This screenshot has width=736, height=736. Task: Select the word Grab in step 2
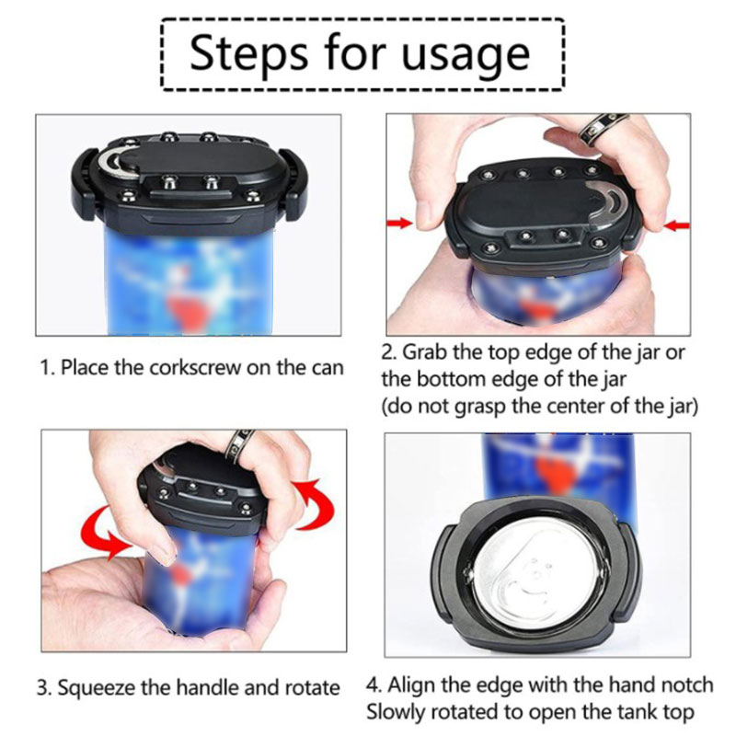[422, 352]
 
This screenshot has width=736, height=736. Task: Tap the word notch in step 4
[687, 685]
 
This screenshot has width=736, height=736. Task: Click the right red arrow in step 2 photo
[677, 225]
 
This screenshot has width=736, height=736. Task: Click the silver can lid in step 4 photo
[538, 574]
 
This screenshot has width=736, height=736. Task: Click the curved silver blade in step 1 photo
[110, 163]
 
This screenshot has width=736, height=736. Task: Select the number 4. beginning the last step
[374, 685]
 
